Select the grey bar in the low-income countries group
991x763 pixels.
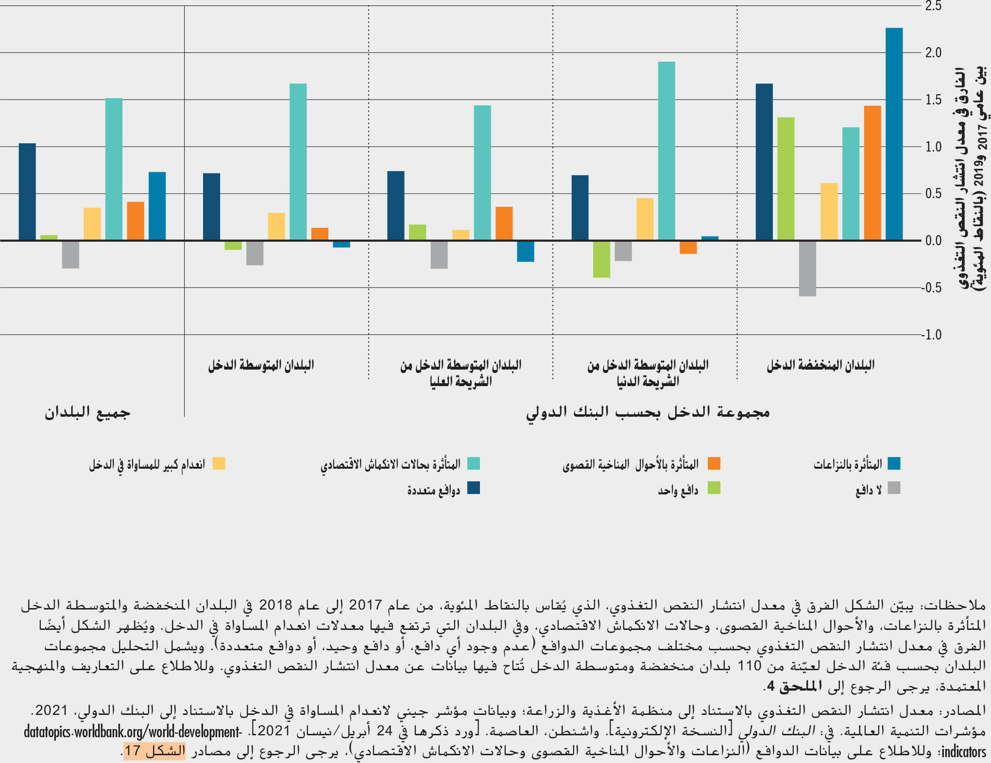tap(807, 268)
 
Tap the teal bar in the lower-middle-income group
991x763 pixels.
tap(666, 151)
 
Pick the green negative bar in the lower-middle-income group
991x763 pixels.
tap(601, 259)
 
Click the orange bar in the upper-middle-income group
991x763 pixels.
tap(504, 223)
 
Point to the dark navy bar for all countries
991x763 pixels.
tap(27, 191)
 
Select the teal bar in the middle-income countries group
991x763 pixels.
tap(298, 162)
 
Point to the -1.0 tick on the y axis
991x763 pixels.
tap(932, 335)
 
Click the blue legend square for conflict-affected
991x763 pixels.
tap(894, 463)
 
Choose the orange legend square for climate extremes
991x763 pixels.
tap(714, 463)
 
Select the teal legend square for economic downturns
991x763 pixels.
tap(474, 463)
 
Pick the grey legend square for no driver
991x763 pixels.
tap(894, 488)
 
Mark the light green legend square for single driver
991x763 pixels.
tap(714, 488)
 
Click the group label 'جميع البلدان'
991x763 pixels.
tap(87, 412)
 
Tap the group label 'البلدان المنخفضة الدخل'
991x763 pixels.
tap(820, 365)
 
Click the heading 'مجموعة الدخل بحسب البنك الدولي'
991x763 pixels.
tap(648, 412)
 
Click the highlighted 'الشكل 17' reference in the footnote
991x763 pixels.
tap(154, 751)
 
